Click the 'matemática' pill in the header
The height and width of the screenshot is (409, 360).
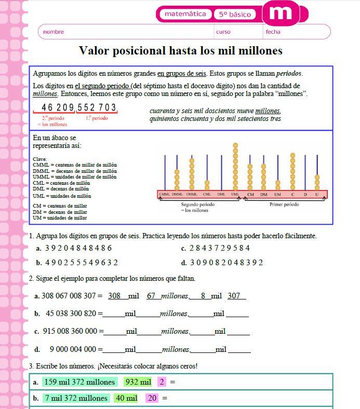click(x=185, y=14)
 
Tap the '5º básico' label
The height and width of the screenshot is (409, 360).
click(x=234, y=15)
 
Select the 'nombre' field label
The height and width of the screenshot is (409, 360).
click(x=54, y=32)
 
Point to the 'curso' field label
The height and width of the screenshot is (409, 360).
click(x=223, y=32)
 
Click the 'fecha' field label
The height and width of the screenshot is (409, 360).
click(x=273, y=32)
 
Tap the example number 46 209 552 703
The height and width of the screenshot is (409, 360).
click(x=79, y=107)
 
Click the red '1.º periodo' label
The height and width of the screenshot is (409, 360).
click(x=97, y=118)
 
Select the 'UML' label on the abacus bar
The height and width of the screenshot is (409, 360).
click(x=235, y=195)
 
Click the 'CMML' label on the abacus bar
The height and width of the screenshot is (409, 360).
click(x=165, y=195)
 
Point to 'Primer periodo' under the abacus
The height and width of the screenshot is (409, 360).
click(x=284, y=204)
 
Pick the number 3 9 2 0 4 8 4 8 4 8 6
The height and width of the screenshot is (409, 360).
click(x=78, y=248)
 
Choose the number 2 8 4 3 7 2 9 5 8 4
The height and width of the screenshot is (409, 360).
click(x=219, y=248)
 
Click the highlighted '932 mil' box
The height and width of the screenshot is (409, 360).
click(x=138, y=382)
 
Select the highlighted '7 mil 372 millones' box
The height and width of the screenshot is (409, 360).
click(x=76, y=398)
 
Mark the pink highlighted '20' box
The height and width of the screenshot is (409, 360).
click(x=152, y=398)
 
